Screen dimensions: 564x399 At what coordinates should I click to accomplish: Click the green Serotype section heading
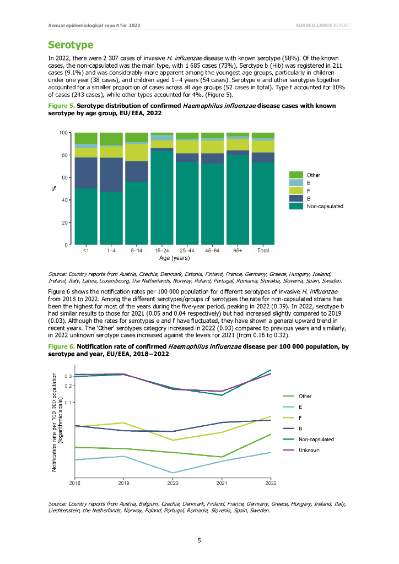(x=71, y=45)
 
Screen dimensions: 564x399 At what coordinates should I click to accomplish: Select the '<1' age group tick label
(x=86, y=251)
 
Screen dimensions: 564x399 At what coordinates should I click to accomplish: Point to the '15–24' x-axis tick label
(x=162, y=251)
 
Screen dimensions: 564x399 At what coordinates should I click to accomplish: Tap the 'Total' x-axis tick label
(x=263, y=251)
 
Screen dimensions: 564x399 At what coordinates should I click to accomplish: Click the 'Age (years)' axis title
(x=175, y=258)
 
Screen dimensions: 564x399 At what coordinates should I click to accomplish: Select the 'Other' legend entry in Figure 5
(x=314, y=175)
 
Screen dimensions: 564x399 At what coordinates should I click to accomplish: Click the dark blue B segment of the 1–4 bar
(x=111, y=175)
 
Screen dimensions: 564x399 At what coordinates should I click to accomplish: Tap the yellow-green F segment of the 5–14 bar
(x=137, y=152)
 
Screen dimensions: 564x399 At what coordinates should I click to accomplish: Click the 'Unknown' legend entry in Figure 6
(x=309, y=450)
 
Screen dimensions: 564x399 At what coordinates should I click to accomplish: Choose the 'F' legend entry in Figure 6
(x=300, y=417)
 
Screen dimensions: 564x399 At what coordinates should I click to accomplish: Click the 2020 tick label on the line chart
(x=172, y=484)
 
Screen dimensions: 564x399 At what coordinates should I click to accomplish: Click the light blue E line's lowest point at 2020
(x=172, y=473)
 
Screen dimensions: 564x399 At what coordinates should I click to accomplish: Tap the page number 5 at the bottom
(x=199, y=540)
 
